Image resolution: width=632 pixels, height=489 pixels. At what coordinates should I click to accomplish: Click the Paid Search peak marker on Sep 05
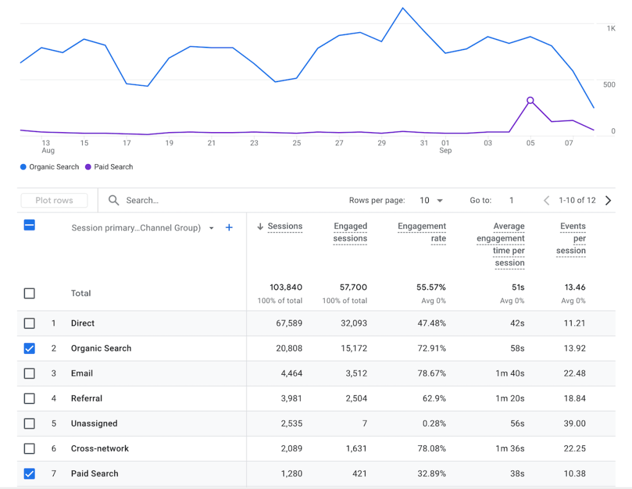point(530,100)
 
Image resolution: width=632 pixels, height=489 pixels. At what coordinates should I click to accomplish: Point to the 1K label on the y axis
point(610,28)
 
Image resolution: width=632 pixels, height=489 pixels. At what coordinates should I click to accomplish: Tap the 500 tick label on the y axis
point(609,85)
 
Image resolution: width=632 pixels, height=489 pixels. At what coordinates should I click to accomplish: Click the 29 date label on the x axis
point(381,143)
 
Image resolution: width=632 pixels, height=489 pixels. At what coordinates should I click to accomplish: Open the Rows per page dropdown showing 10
point(431,200)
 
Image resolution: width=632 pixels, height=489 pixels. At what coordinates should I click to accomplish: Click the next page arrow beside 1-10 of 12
point(608,200)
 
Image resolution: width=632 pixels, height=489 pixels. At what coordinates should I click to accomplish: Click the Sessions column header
point(285,227)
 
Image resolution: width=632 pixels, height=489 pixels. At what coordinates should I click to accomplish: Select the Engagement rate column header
point(422,232)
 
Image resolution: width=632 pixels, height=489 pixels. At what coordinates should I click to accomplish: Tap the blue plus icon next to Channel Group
point(229,228)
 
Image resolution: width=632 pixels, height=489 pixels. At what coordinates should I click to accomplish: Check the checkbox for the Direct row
point(29,323)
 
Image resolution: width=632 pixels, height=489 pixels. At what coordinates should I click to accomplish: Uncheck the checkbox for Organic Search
point(29,348)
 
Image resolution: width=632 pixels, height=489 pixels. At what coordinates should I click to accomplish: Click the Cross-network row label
point(99,448)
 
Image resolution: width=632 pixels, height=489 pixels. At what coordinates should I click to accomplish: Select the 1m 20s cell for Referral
point(510,398)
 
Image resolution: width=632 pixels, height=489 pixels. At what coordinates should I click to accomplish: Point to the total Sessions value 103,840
point(285,287)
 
